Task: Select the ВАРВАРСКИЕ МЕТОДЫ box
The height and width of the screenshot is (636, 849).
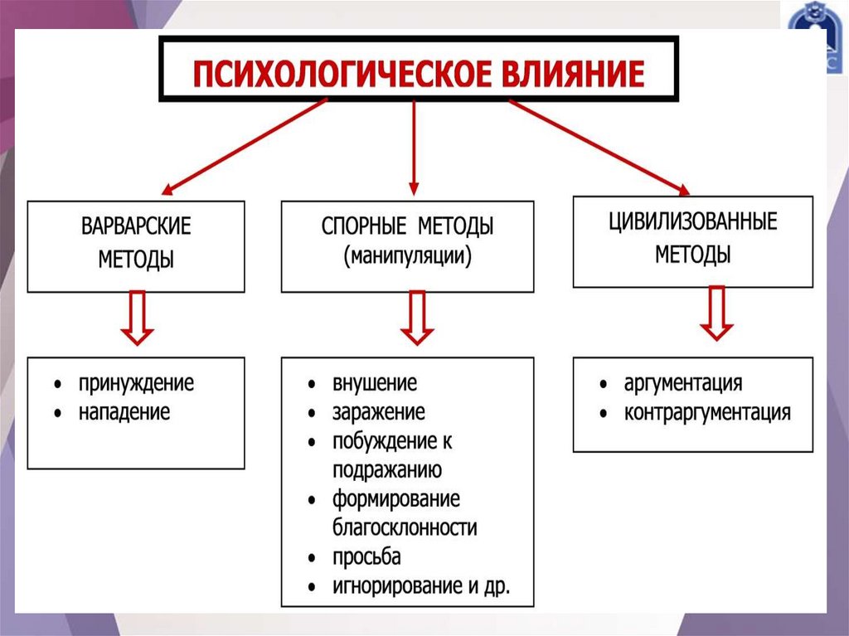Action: [x=136, y=245]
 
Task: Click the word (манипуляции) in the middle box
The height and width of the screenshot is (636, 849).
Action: [x=407, y=255]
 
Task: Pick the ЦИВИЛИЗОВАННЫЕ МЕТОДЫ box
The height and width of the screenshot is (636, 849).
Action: [x=693, y=240]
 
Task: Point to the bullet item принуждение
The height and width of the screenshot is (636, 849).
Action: [x=137, y=383]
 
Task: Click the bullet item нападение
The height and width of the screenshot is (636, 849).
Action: [x=124, y=411]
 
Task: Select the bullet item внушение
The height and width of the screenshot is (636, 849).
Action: [x=375, y=383]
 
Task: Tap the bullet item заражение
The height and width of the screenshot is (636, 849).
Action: [x=379, y=411]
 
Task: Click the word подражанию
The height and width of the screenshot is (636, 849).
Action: [x=387, y=469]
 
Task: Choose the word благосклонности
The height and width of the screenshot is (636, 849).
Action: [x=405, y=527]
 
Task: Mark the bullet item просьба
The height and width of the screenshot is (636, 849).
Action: [x=367, y=556]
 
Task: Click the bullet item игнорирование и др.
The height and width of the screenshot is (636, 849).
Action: [x=421, y=585]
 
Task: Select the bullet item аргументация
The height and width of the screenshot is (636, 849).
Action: [x=682, y=383]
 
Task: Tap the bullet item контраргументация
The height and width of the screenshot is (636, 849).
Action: [x=707, y=412]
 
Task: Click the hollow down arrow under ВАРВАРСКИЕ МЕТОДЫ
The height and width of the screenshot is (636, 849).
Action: [x=137, y=318]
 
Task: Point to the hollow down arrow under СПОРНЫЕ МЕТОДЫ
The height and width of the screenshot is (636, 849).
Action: [x=417, y=318]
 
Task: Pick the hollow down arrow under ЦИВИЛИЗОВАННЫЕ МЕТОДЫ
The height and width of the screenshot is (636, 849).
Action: [x=716, y=313]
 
